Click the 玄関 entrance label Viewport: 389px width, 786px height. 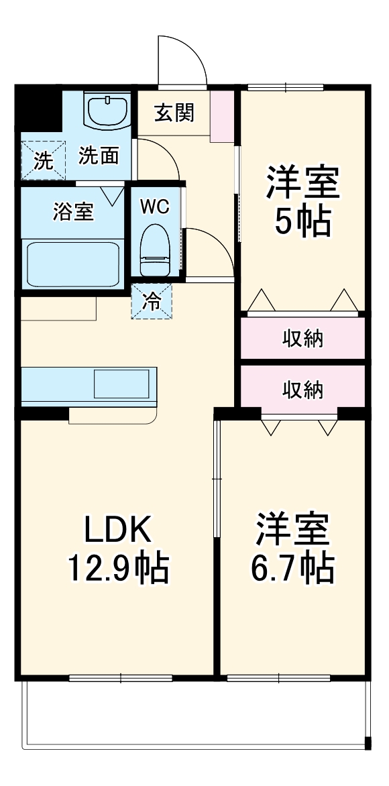click(x=174, y=113)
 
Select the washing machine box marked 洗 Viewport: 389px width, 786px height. click(x=43, y=161)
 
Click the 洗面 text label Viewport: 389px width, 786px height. click(x=99, y=156)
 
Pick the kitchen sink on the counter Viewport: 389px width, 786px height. click(x=121, y=385)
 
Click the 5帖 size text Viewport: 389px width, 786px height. click(x=303, y=221)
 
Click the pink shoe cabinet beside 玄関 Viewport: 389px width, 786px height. click(x=221, y=115)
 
